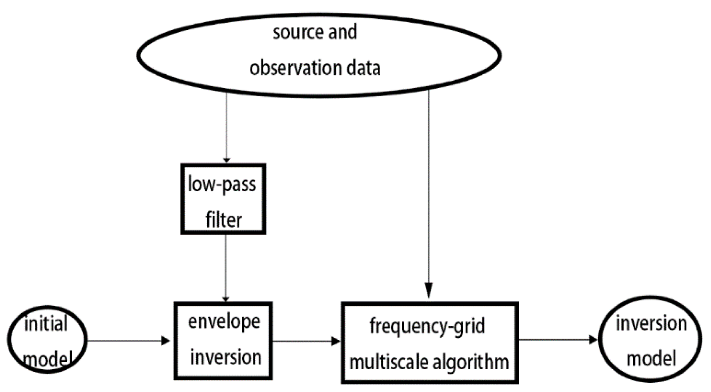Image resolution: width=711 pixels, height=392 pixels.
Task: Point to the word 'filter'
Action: click(224, 220)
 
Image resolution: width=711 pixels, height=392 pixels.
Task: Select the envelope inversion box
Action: click(223, 340)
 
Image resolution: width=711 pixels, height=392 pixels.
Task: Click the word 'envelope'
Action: click(224, 322)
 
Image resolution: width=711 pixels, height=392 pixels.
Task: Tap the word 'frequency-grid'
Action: click(427, 326)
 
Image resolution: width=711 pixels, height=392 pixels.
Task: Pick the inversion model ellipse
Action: click(651, 340)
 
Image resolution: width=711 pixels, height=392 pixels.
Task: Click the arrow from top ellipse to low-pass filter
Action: click(227, 127)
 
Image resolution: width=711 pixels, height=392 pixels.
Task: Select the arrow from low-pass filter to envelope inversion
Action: click(225, 267)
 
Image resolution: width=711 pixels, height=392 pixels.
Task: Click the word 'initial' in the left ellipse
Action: click(46, 324)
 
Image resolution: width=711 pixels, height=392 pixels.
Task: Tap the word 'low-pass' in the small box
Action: click(222, 184)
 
